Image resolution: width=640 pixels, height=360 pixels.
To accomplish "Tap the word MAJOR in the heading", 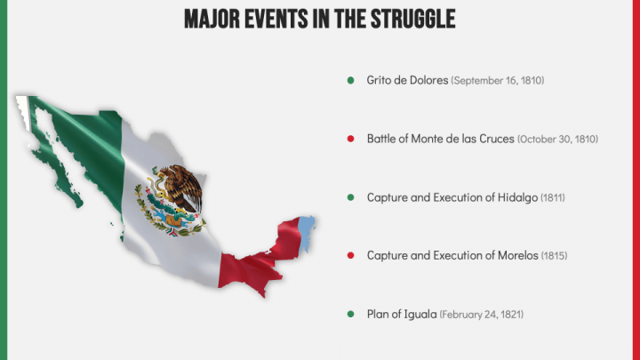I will click(212, 19).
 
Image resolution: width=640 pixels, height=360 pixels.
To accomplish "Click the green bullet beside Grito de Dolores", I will click(351, 81).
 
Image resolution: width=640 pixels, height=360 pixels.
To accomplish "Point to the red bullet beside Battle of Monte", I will click(351, 139).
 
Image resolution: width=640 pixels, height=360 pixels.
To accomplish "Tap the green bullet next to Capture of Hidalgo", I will click(351, 197).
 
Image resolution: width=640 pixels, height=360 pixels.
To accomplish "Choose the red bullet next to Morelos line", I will click(351, 256).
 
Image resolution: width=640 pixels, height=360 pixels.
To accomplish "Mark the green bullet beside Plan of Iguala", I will click(351, 315).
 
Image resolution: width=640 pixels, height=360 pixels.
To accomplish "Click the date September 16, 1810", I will click(498, 81).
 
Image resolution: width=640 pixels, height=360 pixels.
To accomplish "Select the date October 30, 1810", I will click(557, 140).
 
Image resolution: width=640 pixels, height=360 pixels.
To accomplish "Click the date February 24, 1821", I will click(487, 315).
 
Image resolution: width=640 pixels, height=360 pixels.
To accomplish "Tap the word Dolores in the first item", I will click(429, 81).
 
